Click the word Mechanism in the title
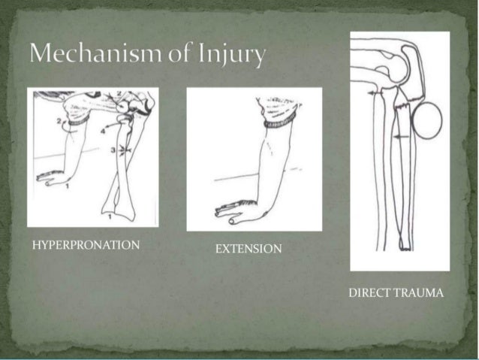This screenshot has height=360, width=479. [91, 54]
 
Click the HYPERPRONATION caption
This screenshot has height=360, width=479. [86, 245]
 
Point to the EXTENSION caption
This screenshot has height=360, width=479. [249, 249]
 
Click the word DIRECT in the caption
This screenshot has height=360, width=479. [369, 292]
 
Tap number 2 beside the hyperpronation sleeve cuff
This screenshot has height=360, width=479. [59, 120]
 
